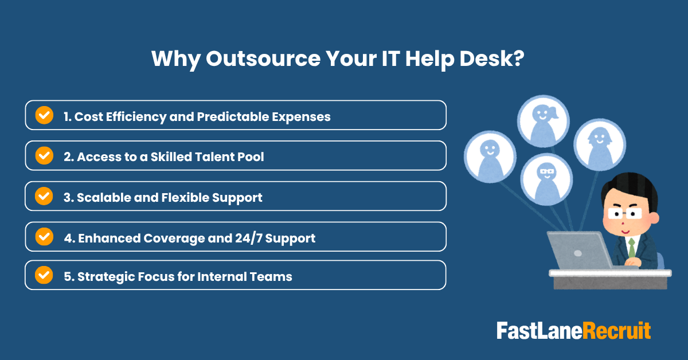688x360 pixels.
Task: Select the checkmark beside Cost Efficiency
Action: (44, 115)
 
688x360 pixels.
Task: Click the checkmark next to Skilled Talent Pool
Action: (44, 155)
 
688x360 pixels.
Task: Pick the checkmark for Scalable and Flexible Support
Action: (44, 196)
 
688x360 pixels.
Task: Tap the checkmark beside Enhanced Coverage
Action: (44, 236)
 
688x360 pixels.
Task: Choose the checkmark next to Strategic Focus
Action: (44, 275)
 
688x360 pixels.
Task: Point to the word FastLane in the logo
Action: (539, 331)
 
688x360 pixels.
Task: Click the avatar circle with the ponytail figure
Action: (542, 121)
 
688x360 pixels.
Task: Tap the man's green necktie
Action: (632, 248)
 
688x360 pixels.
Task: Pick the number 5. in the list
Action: (69, 276)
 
